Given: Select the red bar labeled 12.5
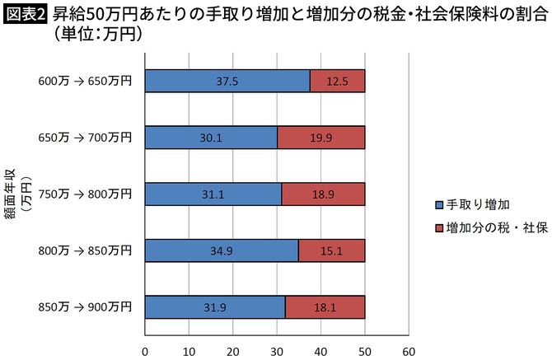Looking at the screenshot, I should pos(337,81).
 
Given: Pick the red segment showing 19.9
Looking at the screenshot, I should pos(321,138).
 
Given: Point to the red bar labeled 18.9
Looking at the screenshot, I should pos(323,194).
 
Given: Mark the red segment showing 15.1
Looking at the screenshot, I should pos(331,250).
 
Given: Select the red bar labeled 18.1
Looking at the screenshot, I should pos(325,307).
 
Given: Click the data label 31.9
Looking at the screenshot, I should pos(214,307).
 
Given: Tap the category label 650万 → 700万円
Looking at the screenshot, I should pos(85,138).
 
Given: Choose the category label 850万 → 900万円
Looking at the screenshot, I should pos(85,307).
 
